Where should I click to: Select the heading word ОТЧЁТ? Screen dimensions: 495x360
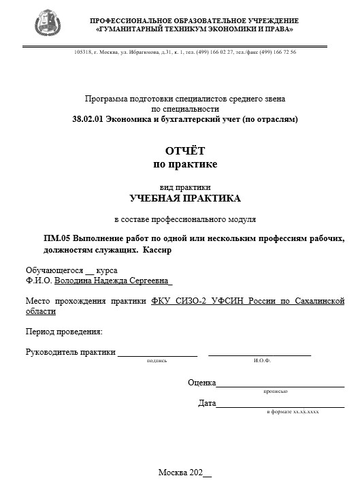click(x=184, y=150)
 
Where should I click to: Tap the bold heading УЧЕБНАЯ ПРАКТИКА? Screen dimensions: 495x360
click(x=184, y=199)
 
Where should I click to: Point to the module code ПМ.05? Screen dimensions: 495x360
click(x=56, y=238)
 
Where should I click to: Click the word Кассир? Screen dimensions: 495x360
click(x=157, y=250)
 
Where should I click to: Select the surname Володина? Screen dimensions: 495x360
click(x=75, y=280)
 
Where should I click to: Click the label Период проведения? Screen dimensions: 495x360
click(x=64, y=332)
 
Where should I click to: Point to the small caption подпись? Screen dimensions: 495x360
click(x=157, y=361)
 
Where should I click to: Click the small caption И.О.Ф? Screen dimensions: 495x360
click(x=262, y=361)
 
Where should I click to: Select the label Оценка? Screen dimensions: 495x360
click(x=201, y=383)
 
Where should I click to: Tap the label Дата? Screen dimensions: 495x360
click(x=207, y=403)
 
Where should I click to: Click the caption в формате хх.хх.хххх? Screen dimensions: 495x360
click(x=293, y=413)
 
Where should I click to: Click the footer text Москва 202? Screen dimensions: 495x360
click(x=180, y=473)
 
